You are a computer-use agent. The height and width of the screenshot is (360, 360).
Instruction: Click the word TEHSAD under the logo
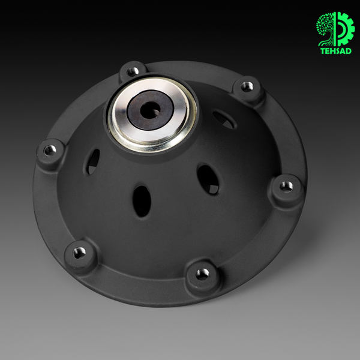[x=335, y=51]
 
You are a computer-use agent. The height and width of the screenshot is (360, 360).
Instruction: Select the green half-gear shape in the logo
[x=344, y=29]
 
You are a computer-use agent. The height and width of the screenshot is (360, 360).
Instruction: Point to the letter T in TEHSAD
[x=322, y=51]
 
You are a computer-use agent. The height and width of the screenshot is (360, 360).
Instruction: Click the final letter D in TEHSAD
[x=349, y=51]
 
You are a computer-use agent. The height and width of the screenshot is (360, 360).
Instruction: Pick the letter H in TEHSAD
[x=332, y=51]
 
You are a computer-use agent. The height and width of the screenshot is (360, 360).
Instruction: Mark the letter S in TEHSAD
[x=338, y=51]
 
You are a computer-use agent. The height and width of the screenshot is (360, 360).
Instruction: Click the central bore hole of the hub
[x=150, y=110]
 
